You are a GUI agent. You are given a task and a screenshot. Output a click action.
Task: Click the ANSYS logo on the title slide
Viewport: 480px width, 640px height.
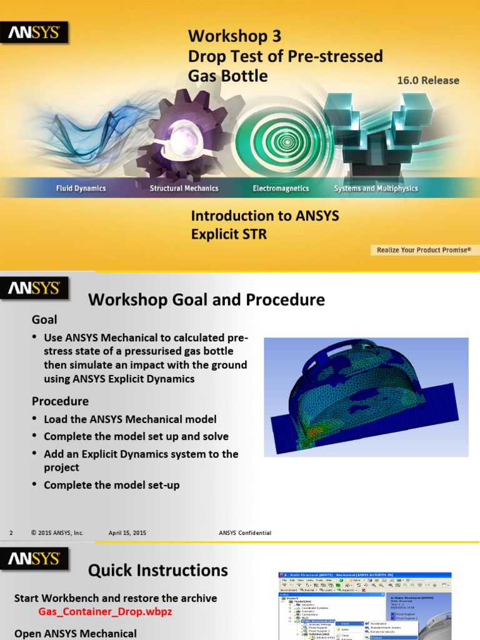click(x=34, y=32)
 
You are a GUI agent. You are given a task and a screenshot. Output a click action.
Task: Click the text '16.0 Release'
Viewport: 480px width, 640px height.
click(x=427, y=81)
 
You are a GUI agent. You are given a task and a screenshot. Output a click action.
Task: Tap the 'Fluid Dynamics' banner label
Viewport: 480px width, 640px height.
click(x=81, y=188)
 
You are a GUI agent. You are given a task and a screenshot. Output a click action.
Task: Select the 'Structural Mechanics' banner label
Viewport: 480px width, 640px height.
click(x=184, y=188)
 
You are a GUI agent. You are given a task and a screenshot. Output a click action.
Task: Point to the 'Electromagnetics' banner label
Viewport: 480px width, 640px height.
click(x=281, y=188)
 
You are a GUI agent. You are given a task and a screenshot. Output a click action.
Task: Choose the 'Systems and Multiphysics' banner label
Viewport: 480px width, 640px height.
click(x=376, y=188)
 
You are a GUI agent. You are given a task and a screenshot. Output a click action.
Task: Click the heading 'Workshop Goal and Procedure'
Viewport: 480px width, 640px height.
click(x=206, y=300)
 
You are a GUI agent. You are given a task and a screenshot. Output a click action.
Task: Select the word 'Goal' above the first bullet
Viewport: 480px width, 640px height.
click(x=44, y=320)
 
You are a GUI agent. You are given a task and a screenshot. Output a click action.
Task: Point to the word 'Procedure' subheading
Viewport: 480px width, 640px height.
click(x=60, y=401)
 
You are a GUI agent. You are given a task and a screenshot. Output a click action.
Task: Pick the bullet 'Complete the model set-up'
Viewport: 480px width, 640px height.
click(x=111, y=485)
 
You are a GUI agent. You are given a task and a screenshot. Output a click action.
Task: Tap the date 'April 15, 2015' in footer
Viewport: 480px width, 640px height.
click(x=127, y=533)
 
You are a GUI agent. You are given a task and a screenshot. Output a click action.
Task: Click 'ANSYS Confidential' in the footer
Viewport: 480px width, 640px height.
click(x=245, y=533)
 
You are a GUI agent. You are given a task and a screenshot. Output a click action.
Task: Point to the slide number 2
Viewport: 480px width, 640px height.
click(x=11, y=533)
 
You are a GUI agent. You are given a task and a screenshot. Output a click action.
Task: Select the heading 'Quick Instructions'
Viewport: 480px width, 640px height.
click(x=157, y=571)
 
